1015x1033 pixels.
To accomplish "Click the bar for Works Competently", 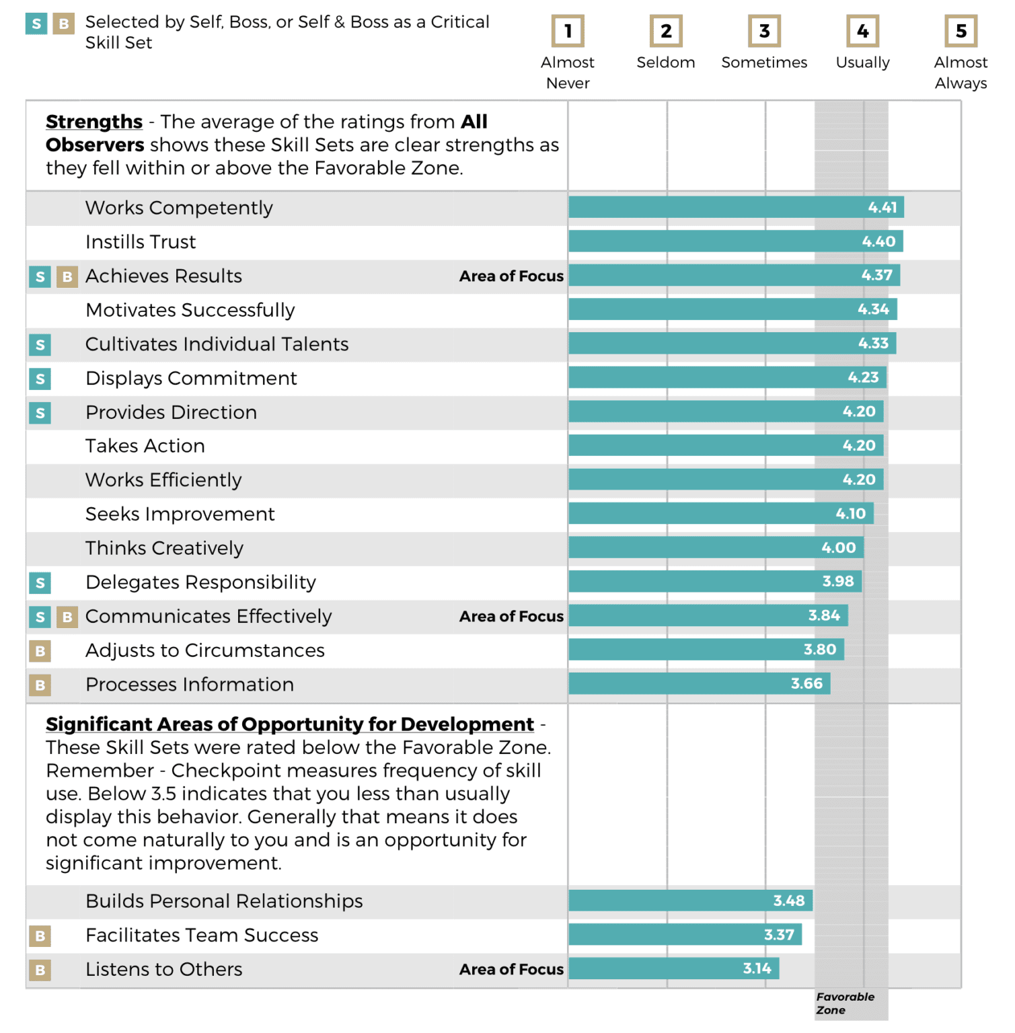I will pyautogui.click(x=736, y=207).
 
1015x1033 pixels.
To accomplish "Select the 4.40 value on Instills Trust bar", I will pyautogui.click(x=878, y=241).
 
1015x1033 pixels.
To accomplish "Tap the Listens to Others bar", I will pyautogui.click(x=673, y=968).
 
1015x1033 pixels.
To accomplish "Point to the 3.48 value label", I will pyautogui.click(x=788, y=901).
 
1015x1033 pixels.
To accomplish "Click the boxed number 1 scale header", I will pyautogui.click(x=568, y=31).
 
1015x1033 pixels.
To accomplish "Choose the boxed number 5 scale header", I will pyautogui.click(x=961, y=31).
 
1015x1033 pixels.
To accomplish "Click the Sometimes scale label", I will pyautogui.click(x=764, y=63).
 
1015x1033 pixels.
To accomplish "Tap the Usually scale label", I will pyautogui.click(x=862, y=63).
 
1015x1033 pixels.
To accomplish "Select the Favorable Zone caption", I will pyautogui.click(x=844, y=1003).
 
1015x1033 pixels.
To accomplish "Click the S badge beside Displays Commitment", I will pyautogui.click(x=40, y=379).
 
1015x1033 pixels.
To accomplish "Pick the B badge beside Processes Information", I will pyautogui.click(x=40, y=685).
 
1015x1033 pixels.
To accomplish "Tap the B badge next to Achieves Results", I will pyautogui.click(x=67, y=276).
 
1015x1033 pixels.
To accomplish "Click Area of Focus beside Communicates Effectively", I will pyautogui.click(x=511, y=616).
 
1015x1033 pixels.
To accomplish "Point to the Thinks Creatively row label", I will pyautogui.click(x=164, y=548).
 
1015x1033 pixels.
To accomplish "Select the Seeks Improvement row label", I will pyautogui.click(x=180, y=514).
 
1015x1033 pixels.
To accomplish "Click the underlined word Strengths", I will pyautogui.click(x=94, y=122).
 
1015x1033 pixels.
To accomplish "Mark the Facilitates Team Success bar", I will pyautogui.click(x=685, y=934).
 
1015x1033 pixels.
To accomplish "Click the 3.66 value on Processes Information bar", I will pyautogui.click(x=806, y=684).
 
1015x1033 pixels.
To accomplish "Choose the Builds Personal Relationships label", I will pyautogui.click(x=224, y=901).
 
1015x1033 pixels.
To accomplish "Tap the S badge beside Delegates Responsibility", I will pyautogui.click(x=40, y=583).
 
